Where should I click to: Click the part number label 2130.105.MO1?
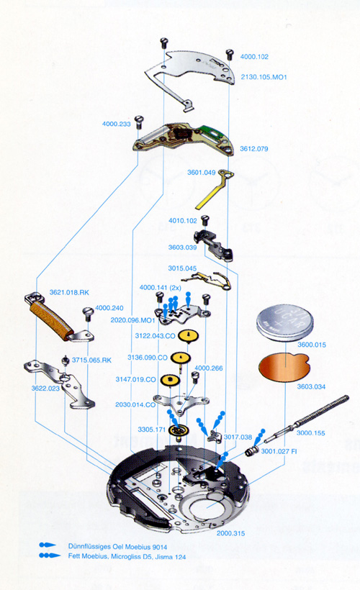(264, 77)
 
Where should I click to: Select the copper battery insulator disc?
(284, 367)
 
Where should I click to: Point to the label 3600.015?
(312, 345)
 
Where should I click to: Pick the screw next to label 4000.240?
(88, 314)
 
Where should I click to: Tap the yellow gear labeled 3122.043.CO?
(189, 335)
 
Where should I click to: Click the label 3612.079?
(254, 149)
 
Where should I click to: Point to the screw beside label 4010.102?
(205, 219)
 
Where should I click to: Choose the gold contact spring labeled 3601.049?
(214, 189)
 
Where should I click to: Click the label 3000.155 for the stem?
(310, 433)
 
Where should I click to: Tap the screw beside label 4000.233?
(139, 122)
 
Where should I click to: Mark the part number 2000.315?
(230, 533)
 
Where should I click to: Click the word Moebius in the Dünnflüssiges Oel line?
(138, 547)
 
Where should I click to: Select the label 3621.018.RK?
(69, 292)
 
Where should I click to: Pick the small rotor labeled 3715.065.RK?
(66, 361)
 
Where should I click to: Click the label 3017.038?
(238, 437)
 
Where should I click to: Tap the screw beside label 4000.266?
(195, 378)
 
